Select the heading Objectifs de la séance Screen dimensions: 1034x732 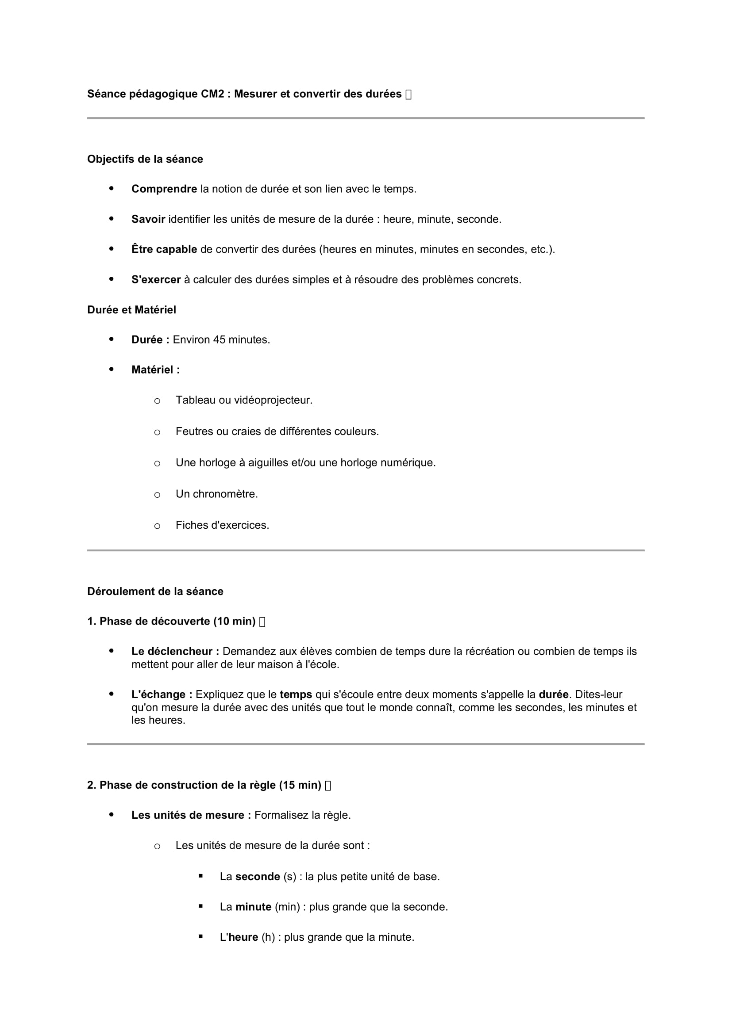[145, 159]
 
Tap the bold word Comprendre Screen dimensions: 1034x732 [164, 189]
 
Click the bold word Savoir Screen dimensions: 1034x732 [148, 219]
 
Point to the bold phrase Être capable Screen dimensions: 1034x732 [164, 249]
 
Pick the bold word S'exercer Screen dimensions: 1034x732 [156, 280]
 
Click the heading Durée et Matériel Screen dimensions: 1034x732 [131, 310]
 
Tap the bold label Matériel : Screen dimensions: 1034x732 [155, 370]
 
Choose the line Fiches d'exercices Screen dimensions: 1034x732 [222, 525]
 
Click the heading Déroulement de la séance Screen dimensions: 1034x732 [155, 591]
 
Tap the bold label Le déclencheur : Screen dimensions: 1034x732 [175, 651]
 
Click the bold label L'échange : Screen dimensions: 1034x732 [162, 694]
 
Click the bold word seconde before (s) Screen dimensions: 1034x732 [258, 876]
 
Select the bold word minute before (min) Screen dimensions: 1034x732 [253, 907]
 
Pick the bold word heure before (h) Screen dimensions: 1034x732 [243, 937]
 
